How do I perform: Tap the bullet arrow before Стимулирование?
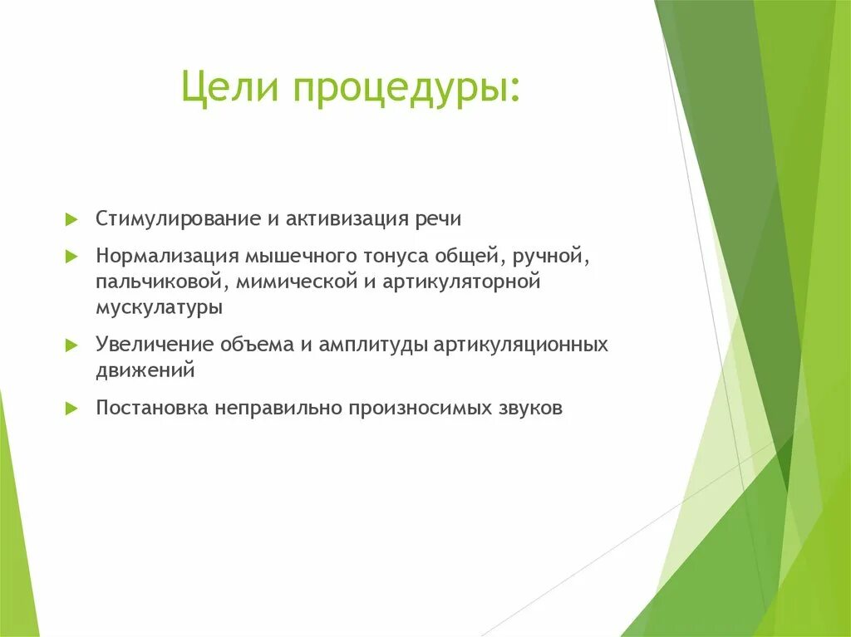coord(71,220)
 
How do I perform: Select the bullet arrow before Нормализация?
coord(71,257)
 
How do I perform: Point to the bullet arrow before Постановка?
coord(71,409)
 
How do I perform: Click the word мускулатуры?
coord(159,307)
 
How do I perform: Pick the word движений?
coord(145,370)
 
